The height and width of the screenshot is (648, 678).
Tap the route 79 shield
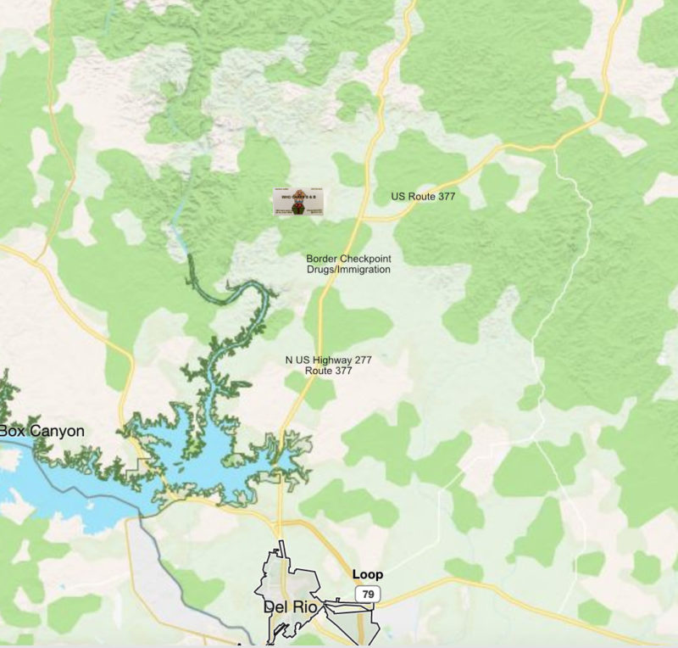(x=367, y=593)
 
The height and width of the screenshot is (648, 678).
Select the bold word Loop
(x=367, y=575)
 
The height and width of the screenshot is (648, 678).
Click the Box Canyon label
(x=42, y=431)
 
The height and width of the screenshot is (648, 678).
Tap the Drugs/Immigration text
(x=348, y=270)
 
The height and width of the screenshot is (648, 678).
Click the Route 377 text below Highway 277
(x=328, y=371)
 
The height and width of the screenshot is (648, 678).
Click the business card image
(x=299, y=202)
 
